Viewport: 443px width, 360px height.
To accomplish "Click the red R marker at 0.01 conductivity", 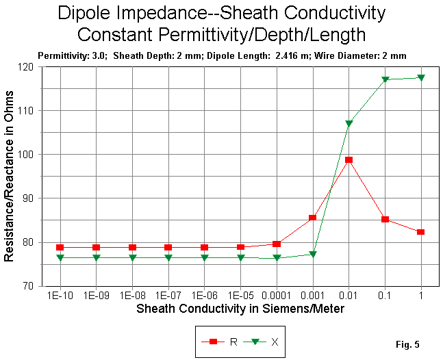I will pos(349,159).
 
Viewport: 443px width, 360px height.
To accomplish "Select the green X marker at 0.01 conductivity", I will pos(349,123).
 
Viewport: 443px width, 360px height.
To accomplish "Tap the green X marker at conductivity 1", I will pos(420,78).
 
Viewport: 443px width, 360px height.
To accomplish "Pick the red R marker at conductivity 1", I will pos(420,232).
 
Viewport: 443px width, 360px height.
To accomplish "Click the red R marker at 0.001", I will pos(312,218).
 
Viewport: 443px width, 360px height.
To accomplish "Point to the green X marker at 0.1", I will pos(385,79).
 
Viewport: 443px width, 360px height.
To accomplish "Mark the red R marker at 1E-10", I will pos(60,247).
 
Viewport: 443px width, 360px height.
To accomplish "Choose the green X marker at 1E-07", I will pos(168,257).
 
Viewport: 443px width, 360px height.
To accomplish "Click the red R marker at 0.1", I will pos(385,219).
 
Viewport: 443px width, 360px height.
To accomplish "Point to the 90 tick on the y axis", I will pos(28,198).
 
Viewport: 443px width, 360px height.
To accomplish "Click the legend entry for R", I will pos(223,341).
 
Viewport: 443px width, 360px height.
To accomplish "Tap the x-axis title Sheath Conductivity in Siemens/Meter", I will pos(240,309).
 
